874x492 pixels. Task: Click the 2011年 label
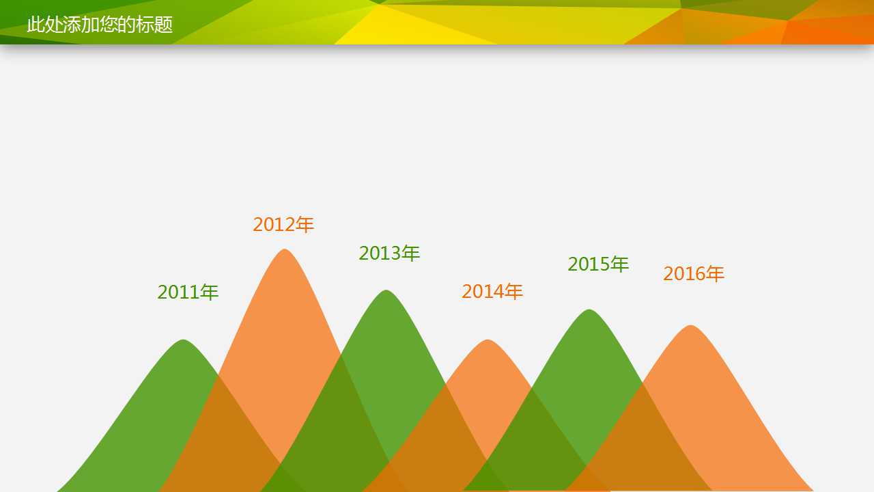coord(188,292)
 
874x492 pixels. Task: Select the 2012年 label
coord(283,225)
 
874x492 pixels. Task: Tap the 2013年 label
coord(389,253)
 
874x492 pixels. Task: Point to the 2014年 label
coord(492,291)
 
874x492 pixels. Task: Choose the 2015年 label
coord(597,264)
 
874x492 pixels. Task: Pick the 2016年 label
coord(693,273)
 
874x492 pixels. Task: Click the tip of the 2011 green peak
coord(184,340)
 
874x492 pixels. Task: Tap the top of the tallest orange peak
coord(285,249)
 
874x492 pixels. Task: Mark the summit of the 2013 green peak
coord(386,290)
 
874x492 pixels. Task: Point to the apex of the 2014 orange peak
coord(488,340)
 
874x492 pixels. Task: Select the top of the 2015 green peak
coord(589,310)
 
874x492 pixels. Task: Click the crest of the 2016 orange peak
coord(691,325)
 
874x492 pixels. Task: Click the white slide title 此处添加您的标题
coord(100,25)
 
